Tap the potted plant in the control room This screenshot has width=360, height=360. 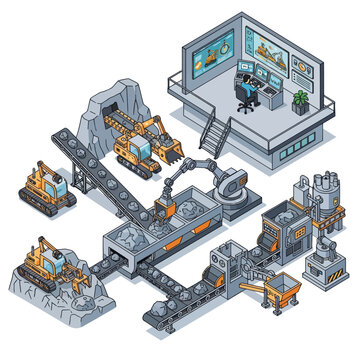[x=300, y=101]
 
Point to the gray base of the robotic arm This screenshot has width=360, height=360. [x=232, y=184]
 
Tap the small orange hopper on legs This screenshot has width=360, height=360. [x=286, y=291]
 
